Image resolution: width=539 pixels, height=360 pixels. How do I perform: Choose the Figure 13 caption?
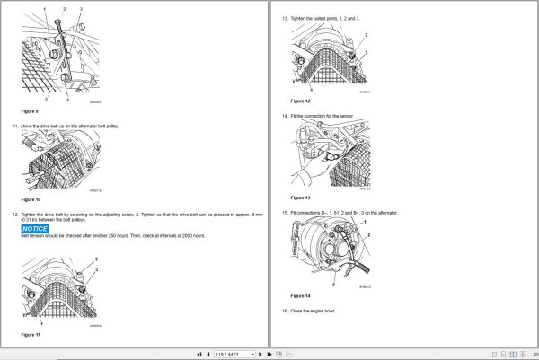[x=300, y=197]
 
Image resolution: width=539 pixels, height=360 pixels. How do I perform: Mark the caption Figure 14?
[x=300, y=294]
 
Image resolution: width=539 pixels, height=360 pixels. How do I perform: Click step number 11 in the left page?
[x=13, y=127]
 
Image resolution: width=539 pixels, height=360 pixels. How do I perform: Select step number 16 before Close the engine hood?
[x=285, y=311]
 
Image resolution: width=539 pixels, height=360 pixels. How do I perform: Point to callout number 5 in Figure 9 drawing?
[x=33, y=99]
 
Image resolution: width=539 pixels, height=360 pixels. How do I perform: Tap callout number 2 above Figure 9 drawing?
[x=65, y=8]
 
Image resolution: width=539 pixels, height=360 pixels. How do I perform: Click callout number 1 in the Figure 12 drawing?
[x=311, y=91]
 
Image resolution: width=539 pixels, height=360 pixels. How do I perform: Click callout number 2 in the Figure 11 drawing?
[x=96, y=259]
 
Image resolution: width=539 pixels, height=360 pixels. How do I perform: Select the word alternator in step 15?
[x=386, y=213]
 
